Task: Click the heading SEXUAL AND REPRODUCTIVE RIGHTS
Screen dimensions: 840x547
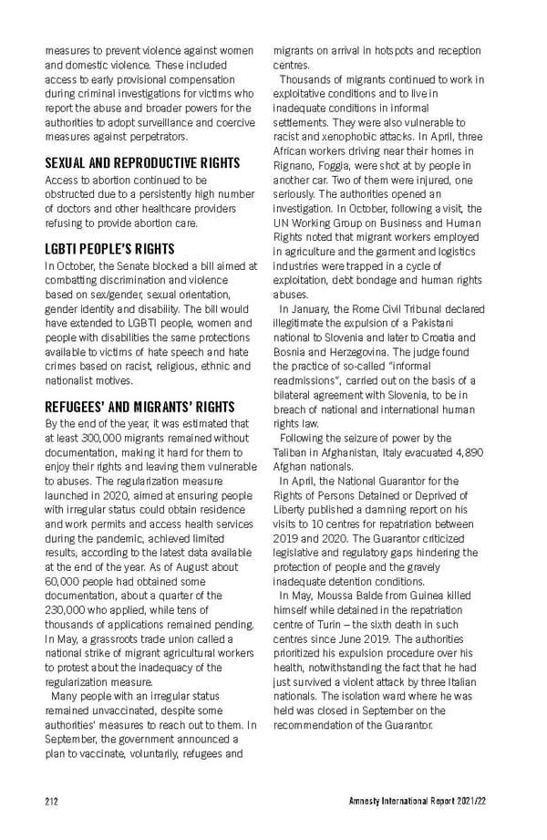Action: coord(142,162)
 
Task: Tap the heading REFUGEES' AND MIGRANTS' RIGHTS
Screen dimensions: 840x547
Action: coord(139,406)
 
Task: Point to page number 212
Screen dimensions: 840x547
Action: coord(52,802)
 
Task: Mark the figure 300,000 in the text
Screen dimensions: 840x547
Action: coord(107,438)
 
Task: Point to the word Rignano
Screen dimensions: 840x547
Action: coord(294,151)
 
